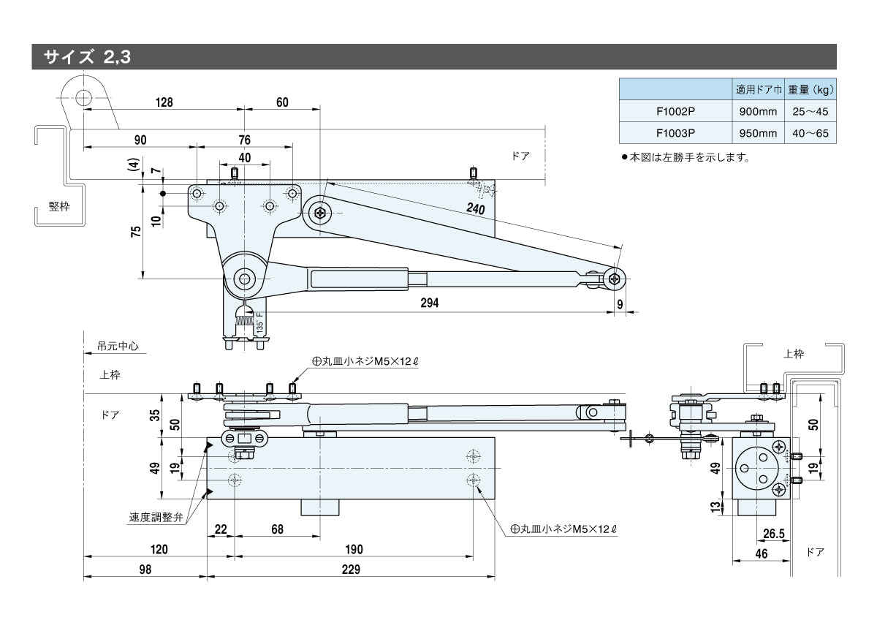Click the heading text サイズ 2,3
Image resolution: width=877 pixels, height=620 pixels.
[86, 57]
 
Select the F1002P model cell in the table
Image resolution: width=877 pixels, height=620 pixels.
[675, 112]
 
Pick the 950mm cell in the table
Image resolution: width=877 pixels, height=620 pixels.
[757, 133]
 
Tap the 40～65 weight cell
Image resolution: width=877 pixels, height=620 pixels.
[810, 133]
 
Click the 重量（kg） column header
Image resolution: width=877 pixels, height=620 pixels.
[810, 91]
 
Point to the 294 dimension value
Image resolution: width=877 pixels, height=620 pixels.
[430, 303]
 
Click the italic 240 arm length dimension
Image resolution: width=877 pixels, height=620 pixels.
[477, 208]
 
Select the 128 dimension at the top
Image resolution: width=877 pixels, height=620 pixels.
[164, 103]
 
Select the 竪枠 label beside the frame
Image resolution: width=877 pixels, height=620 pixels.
[59, 206]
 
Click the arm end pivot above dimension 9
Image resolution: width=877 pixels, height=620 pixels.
[615, 276]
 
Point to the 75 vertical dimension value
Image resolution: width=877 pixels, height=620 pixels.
[135, 232]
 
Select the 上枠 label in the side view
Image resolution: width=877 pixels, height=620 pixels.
[793, 354]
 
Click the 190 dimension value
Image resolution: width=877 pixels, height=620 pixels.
[353, 550]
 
